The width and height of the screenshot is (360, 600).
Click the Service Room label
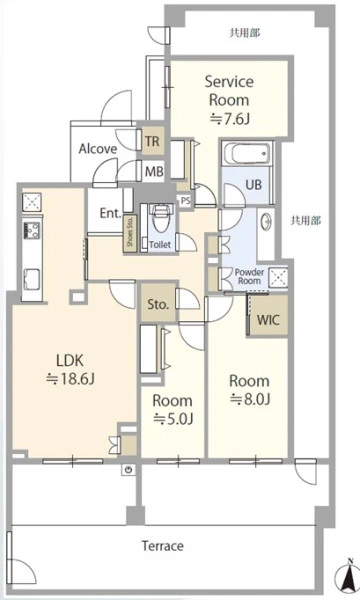click(229, 91)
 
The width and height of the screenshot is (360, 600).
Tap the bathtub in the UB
click(247, 153)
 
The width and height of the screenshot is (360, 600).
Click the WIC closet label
click(268, 320)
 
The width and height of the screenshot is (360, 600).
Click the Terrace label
click(163, 545)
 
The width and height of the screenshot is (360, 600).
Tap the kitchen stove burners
click(31, 230)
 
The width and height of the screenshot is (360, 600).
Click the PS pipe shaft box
click(186, 200)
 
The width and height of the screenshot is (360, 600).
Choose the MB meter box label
click(154, 172)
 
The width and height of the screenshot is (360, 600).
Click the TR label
click(152, 141)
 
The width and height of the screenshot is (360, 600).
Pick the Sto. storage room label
click(158, 305)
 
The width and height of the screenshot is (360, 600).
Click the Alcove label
click(98, 148)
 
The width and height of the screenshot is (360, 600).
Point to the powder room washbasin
click(266, 221)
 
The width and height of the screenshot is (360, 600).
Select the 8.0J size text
click(250, 399)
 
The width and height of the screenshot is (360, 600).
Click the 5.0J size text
click(173, 419)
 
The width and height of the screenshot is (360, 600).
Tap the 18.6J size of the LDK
click(70, 379)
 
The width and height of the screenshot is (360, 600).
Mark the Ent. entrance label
click(111, 213)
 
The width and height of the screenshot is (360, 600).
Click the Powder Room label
click(249, 276)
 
